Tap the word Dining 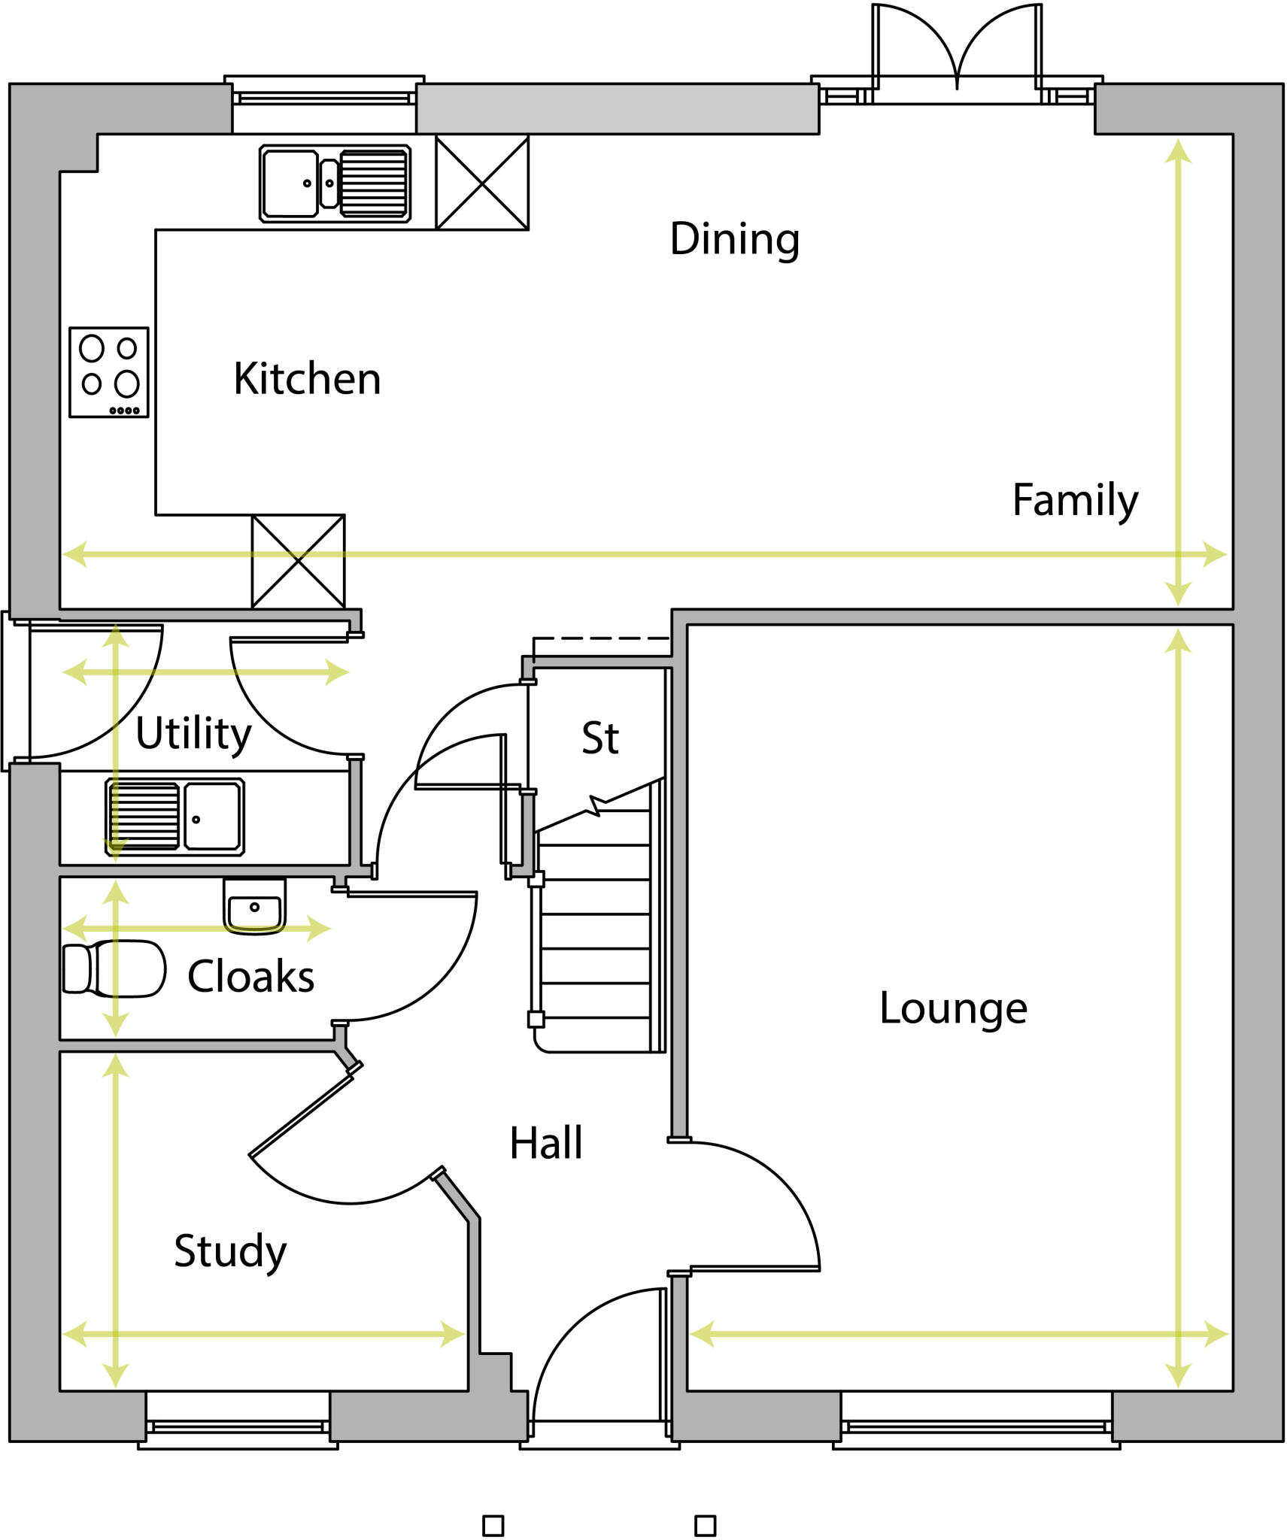click(x=734, y=239)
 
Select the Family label click(x=1075, y=501)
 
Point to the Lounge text click(x=953, y=1008)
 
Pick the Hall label click(x=546, y=1144)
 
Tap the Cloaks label click(x=250, y=977)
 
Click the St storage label click(x=600, y=738)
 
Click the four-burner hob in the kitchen click(x=109, y=372)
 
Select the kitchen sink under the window click(x=335, y=183)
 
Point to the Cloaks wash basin click(x=254, y=906)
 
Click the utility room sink click(x=175, y=817)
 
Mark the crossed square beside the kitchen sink click(x=482, y=183)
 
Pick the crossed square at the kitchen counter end click(x=298, y=561)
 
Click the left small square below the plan click(x=493, y=1526)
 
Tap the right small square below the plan click(x=705, y=1526)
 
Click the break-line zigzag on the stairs click(x=596, y=805)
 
